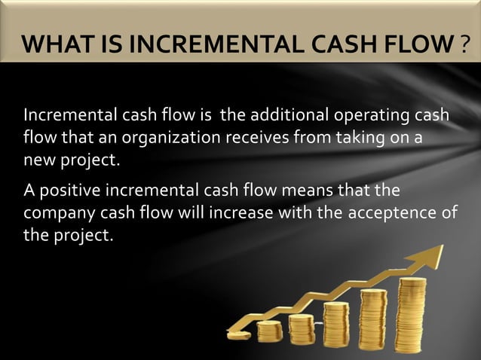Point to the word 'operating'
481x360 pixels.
coord(359,118)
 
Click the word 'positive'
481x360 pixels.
coord(65,188)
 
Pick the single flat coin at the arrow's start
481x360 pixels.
coord(240,327)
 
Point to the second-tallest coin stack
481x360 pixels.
coord(373,319)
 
